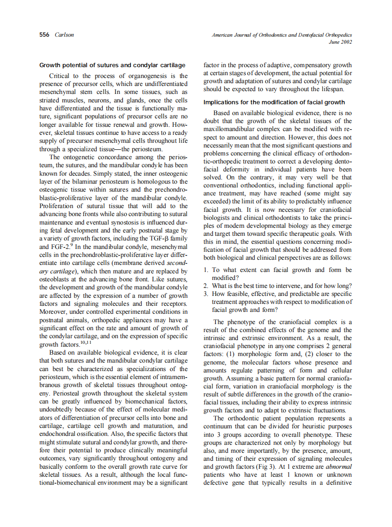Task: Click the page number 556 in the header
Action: tap(45, 35)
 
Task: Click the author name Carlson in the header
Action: tap(64, 35)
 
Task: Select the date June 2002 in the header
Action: tap(340, 42)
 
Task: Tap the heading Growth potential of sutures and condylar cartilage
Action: tap(113, 65)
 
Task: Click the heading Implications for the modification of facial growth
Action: tap(274, 102)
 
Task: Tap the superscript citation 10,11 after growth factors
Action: tap(84, 342)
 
